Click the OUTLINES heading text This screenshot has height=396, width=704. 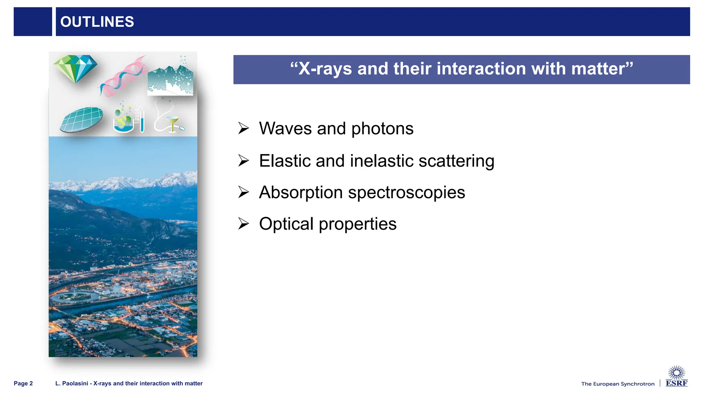97,22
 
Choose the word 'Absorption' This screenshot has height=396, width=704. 301,192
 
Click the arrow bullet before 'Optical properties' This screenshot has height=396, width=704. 243,224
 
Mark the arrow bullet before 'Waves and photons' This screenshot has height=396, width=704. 243,128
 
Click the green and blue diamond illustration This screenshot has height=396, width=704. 75,68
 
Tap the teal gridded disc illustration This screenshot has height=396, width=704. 82,119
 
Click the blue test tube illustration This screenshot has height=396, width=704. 142,121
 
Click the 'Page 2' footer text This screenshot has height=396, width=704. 23,383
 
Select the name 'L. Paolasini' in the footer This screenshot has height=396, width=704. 71,383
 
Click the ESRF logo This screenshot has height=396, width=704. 676,377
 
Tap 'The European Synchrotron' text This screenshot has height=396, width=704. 618,384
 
